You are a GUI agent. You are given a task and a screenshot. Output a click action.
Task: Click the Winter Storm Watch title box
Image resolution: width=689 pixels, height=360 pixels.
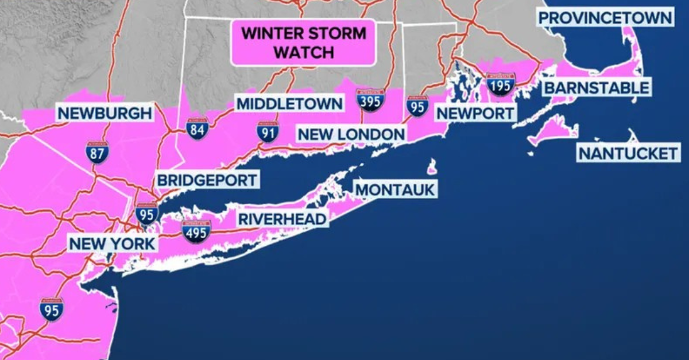click(303, 42)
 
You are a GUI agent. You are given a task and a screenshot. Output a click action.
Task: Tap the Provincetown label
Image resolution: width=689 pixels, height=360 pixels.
click(605, 18)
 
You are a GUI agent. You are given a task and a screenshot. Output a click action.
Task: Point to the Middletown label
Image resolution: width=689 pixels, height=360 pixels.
click(289, 104)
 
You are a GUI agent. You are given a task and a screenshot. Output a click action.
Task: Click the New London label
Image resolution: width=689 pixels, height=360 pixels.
click(351, 135)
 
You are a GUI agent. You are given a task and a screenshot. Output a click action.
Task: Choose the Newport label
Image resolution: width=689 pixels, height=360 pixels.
click(475, 113)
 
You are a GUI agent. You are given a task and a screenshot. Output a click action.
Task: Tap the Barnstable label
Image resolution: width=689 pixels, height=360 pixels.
click(597, 88)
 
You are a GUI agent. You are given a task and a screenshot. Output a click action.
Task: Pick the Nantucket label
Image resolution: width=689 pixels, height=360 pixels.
click(628, 153)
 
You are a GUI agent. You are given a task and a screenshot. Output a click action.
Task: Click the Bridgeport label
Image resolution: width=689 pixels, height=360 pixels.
click(207, 180)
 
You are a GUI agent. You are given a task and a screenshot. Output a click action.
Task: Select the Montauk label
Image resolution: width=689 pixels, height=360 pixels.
click(396, 189)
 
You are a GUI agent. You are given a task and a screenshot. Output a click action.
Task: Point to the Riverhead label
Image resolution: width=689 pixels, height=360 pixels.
click(282, 219)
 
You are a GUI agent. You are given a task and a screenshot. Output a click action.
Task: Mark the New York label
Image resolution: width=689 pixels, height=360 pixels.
click(112, 243)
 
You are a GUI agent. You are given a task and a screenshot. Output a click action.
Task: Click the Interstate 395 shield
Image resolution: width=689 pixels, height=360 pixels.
click(370, 100)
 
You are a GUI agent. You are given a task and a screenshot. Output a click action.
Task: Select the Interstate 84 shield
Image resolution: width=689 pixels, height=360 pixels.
click(198, 129)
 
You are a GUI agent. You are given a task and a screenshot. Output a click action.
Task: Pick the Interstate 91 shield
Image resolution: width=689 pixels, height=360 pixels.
click(268, 132)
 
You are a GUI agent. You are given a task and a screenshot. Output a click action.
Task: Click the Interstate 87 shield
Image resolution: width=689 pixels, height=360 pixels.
click(97, 152)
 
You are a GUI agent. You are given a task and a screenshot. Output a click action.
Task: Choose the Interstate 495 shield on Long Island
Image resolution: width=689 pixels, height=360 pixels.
click(196, 231)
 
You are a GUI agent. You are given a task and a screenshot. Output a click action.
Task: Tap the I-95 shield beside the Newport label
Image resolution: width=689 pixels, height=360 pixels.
click(417, 106)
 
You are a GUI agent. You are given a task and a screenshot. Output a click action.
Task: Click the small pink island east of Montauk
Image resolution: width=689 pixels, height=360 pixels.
click(432, 167)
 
